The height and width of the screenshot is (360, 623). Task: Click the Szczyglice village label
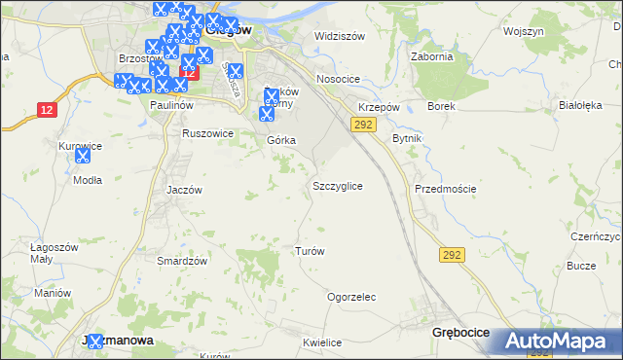(x=338, y=185)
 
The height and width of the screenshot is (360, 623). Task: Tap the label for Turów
(x=310, y=250)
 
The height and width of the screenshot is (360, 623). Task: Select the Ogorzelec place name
(x=351, y=297)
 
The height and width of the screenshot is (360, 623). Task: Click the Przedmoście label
(x=445, y=189)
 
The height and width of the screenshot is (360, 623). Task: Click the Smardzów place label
(x=183, y=261)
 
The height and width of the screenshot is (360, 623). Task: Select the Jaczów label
(x=184, y=190)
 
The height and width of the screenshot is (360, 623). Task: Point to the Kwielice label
(x=321, y=342)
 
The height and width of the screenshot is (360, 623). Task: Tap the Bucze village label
(x=581, y=266)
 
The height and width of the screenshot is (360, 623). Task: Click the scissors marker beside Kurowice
(x=85, y=154)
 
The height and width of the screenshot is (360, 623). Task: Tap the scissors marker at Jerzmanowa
(x=93, y=341)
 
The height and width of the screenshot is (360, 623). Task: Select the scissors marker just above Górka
(x=267, y=114)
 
